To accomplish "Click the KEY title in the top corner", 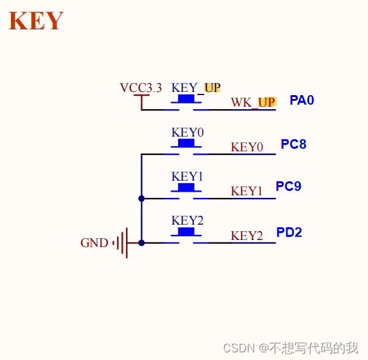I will click(x=36, y=21).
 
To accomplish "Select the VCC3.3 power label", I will click(x=141, y=88).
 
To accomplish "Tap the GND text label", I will click(x=94, y=243).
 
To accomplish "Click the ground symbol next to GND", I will click(x=121, y=243).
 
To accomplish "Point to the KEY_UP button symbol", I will click(x=186, y=101).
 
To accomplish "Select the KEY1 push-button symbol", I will click(x=186, y=189).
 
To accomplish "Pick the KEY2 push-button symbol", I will click(x=186, y=234).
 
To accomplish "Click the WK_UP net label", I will click(x=253, y=102).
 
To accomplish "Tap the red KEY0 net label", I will click(x=247, y=147).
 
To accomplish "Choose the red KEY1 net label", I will click(x=247, y=191).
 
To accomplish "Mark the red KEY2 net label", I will click(x=247, y=236).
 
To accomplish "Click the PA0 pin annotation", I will click(x=302, y=100).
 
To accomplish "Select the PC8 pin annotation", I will click(x=293, y=144).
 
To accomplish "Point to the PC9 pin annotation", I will click(x=288, y=186).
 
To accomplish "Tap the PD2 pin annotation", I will click(x=289, y=232).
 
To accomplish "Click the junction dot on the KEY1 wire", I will click(x=141, y=199).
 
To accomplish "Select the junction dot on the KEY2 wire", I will click(x=141, y=243).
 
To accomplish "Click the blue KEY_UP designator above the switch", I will click(x=195, y=87).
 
